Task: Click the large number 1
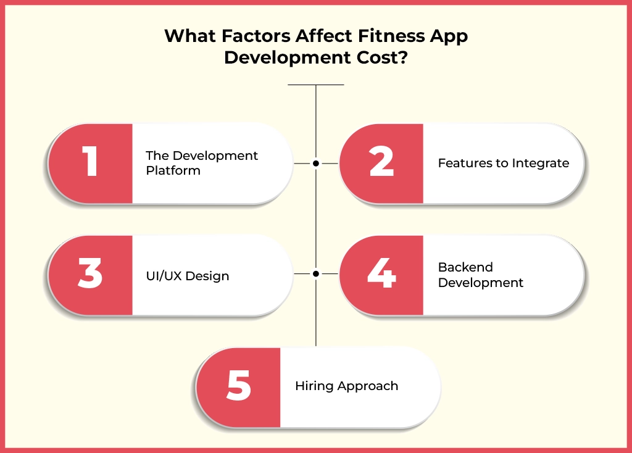tap(90, 164)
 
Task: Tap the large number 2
tap(381, 164)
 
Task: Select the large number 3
tap(90, 275)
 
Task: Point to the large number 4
tap(381, 275)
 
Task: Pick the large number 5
tap(239, 386)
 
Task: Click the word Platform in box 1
tap(173, 171)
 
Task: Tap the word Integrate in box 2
tap(538, 164)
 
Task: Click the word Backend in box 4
tap(465, 267)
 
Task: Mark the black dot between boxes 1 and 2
tap(316, 164)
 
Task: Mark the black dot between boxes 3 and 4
tap(316, 273)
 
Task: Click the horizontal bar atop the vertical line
tap(316, 85)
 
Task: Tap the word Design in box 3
tap(208, 276)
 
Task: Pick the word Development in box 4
tap(481, 283)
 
